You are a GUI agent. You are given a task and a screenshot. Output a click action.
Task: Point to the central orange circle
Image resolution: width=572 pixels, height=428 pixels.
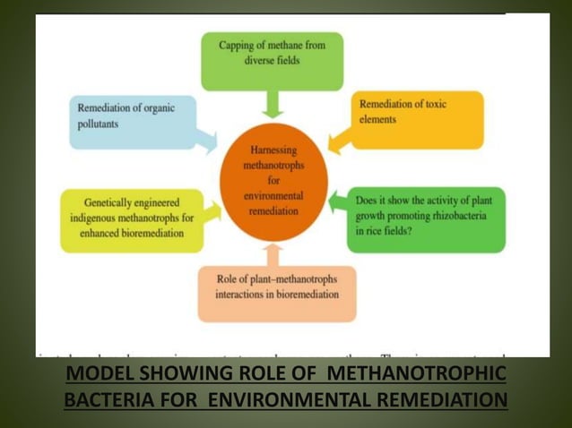tap(273, 183)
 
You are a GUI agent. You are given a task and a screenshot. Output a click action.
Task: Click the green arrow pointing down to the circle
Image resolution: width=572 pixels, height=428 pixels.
tap(273, 105)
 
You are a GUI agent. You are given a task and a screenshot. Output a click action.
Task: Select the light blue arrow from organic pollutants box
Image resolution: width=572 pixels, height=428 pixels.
tap(207, 141)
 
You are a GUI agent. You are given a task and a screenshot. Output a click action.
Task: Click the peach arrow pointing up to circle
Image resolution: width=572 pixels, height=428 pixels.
tap(273, 254)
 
